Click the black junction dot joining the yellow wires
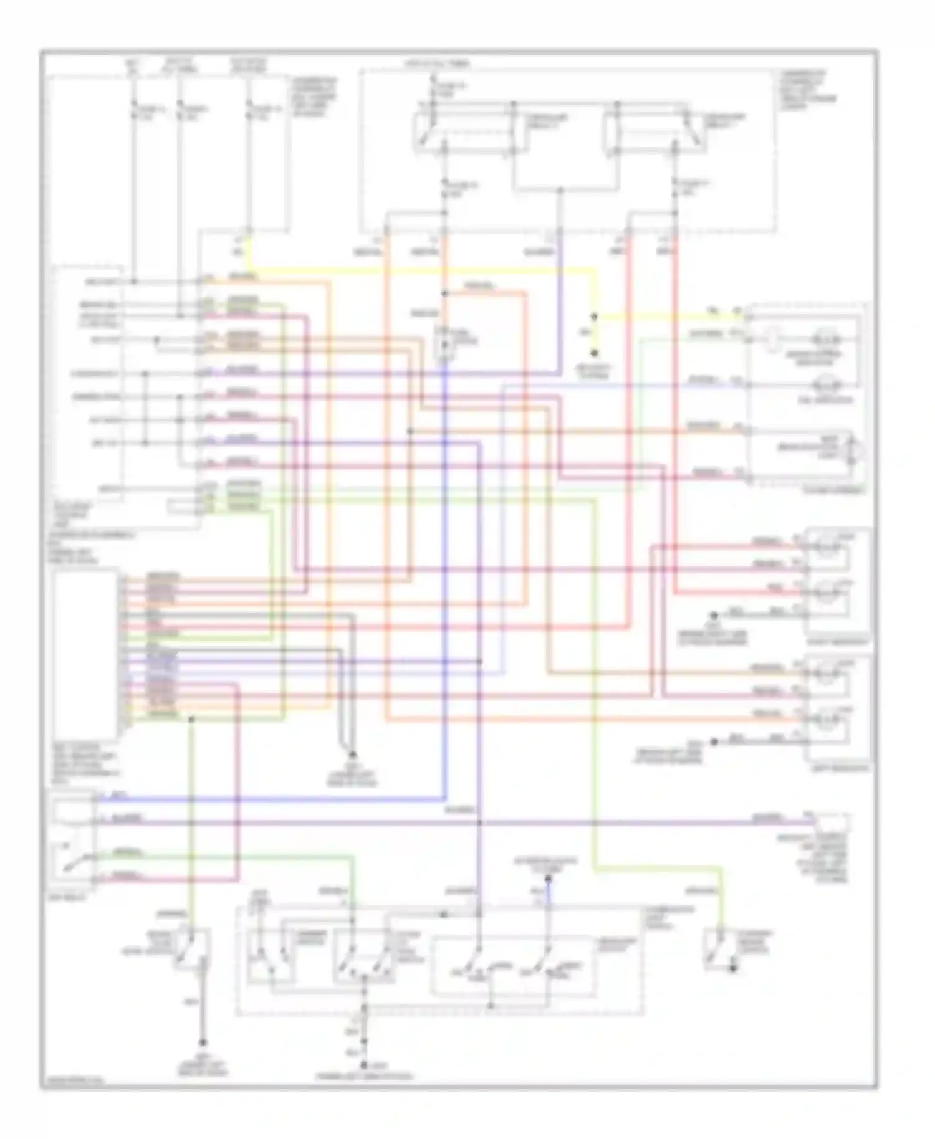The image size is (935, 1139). (x=594, y=317)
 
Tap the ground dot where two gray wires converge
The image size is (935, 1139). (x=352, y=754)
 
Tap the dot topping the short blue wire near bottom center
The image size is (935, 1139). (x=548, y=879)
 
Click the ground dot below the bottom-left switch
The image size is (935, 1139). (x=202, y=1042)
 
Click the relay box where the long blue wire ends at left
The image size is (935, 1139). (x=74, y=838)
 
